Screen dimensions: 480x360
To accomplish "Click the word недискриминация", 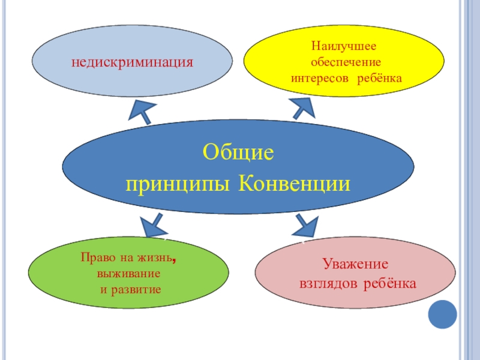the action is coord(132,62).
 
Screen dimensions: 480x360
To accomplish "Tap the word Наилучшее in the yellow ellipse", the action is coord(343,46).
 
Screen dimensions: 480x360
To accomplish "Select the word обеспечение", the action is coord(343,62).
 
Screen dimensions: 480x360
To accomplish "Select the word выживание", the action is coord(128,274).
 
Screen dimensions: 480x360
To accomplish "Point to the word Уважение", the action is coord(355,264).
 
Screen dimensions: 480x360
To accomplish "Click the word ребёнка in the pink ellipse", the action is coord(390,282).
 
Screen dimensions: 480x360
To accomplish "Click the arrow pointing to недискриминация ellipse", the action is coord(143,111).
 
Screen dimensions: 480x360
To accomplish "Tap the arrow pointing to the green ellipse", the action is coord(154,225).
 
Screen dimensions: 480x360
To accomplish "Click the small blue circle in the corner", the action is coord(443,313).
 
